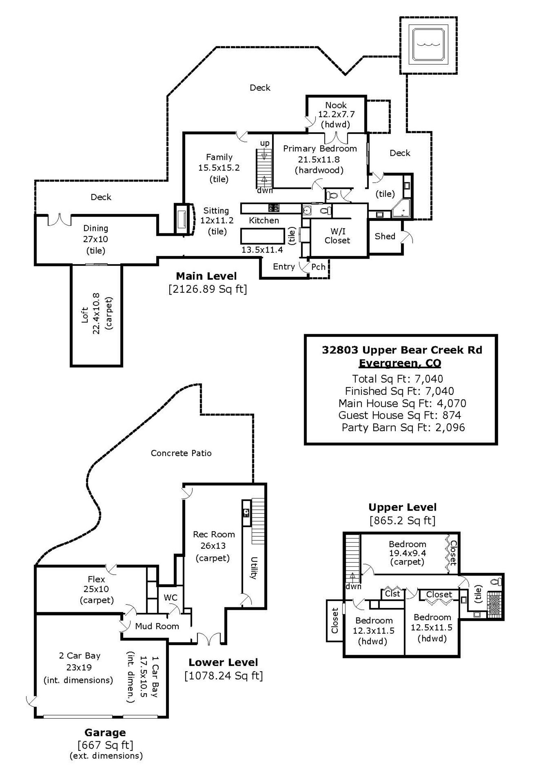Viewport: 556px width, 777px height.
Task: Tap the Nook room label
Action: (336, 105)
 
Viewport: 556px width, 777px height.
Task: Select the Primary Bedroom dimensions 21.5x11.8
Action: (319, 160)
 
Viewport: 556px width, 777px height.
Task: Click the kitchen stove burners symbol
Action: (274, 208)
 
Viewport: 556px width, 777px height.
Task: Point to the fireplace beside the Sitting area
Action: (181, 219)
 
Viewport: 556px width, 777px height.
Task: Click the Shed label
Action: (385, 236)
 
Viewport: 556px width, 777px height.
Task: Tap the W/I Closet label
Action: (337, 236)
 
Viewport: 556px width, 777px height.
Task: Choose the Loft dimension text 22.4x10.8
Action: (96, 313)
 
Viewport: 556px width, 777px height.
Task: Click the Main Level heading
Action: (206, 276)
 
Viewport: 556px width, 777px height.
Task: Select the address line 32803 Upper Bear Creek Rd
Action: (402, 350)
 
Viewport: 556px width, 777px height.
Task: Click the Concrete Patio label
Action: (181, 453)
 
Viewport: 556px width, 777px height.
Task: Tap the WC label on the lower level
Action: (170, 597)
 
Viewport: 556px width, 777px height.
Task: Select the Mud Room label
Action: (157, 626)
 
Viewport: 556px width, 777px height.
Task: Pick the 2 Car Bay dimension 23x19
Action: (80, 667)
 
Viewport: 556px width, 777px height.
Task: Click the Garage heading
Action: (105, 732)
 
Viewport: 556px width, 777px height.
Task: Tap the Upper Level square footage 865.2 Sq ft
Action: (402, 520)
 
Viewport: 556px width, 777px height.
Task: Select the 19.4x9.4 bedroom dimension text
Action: (407, 553)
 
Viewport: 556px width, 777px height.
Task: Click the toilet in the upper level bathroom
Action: (496, 581)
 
